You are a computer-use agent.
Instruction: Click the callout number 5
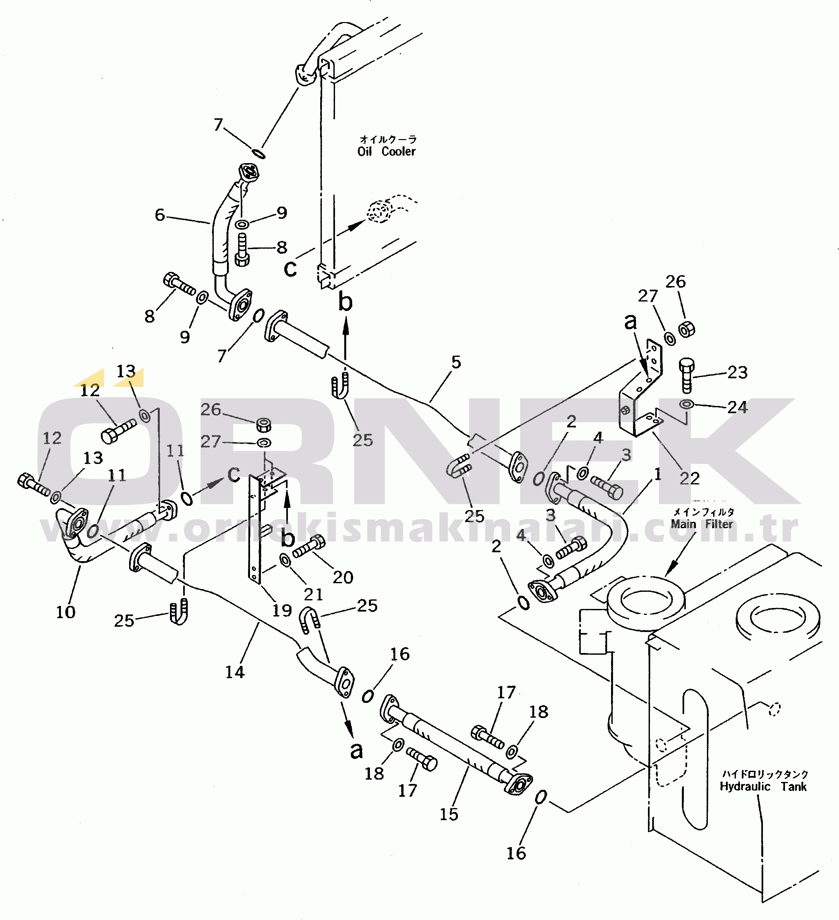(456, 362)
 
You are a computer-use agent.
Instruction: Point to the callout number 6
(160, 215)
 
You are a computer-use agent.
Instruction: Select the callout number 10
(66, 612)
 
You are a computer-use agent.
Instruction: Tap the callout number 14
(235, 672)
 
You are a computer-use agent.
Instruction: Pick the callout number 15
(449, 814)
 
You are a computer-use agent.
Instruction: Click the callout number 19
(282, 610)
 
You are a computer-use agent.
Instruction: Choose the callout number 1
(657, 474)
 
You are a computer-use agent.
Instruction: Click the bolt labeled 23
(686, 375)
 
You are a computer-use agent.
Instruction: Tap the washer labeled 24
(686, 404)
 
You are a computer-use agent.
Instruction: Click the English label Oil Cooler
(386, 152)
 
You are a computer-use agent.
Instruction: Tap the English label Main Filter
(702, 524)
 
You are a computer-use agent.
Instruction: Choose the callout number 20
(343, 577)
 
